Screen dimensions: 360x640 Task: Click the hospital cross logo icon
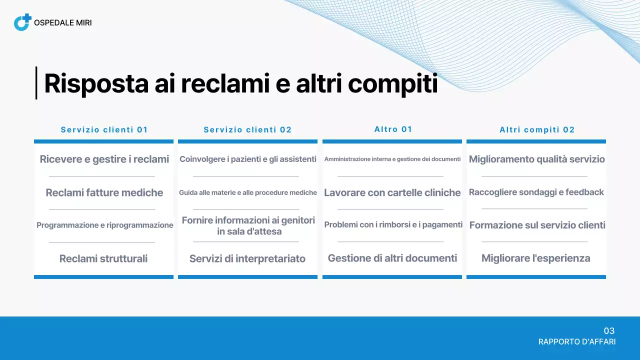[x=22, y=22]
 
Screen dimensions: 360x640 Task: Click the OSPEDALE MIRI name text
[x=62, y=23]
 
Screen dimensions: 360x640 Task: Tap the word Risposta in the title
[x=96, y=83]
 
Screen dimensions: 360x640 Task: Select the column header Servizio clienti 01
[x=104, y=130]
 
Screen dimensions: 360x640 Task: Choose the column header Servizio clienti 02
[x=247, y=130]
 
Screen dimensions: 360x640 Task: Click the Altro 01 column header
[x=393, y=129]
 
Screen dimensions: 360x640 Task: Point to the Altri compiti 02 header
[x=537, y=130]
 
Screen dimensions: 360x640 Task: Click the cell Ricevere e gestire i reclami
[x=104, y=159]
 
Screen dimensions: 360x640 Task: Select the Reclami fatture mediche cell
[x=104, y=192]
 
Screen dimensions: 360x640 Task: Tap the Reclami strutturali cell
[x=103, y=258]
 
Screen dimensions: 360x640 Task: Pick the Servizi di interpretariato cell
[x=247, y=258]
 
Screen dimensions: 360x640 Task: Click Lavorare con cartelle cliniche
[x=392, y=192]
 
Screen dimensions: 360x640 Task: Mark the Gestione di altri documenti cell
[x=392, y=258]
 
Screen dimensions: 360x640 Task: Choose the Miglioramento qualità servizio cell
[x=537, y=159]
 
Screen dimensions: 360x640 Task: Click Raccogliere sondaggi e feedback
[x=536, y=192]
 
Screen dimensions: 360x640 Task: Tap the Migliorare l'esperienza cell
[x=536, y=258]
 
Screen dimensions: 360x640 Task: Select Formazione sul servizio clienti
[x=537, y=225]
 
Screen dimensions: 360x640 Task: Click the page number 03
[x=609, y=331]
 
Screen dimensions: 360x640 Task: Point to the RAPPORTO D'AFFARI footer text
[x=577, y=342]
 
